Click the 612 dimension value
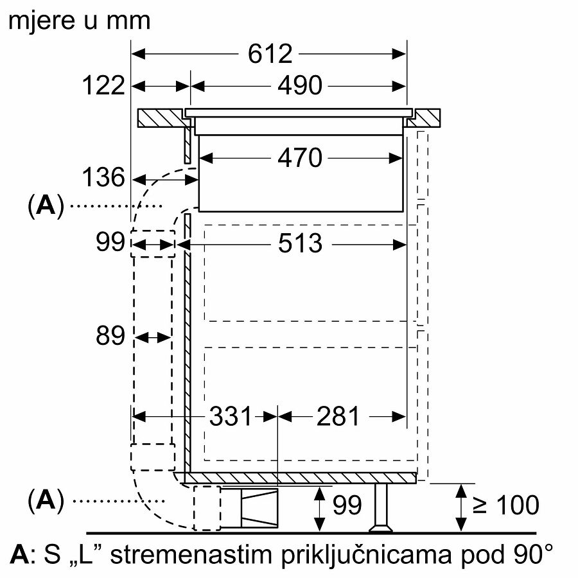tap(270, 55)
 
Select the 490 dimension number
tap(300, 85)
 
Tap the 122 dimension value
tap(103, 85)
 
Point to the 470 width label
tap(300, 157)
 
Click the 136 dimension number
tap(103, 178)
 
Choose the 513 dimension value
tap(300, 243)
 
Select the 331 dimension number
tap(232, 417)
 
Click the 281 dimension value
tap(338, 417)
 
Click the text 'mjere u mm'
tap(79, 20)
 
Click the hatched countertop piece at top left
tap(161, 119)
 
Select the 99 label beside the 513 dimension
tap(110, 243)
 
